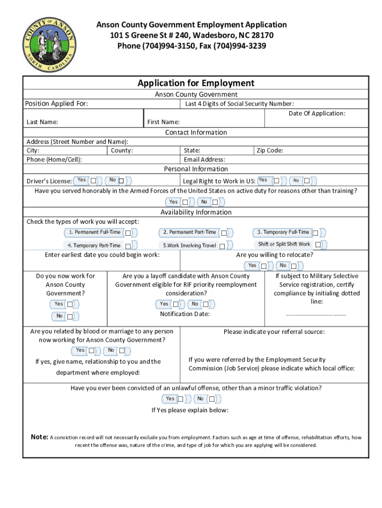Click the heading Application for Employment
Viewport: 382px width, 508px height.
(195, 83)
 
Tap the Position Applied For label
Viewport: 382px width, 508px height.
(57, 104)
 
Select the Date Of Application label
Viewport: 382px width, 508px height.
(317, 114)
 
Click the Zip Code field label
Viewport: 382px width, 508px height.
(269, 150)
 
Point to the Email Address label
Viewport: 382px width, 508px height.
(204, 160)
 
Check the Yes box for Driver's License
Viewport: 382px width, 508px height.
(93, 181)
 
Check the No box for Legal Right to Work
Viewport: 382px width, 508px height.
(307, 181)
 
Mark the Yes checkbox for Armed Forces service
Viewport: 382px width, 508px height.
(185, 202)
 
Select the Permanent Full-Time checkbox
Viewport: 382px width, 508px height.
(128, 233)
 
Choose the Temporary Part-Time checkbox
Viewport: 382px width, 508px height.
(128, 246)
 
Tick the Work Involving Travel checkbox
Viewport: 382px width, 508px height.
(222, 246)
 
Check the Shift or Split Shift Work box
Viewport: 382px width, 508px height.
(318, 245)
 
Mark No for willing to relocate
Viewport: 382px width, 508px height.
(295, 266)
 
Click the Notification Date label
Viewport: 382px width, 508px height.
(185, 314)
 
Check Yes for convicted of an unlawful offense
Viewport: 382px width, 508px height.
(181, 399)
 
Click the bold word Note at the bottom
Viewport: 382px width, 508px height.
(39, 438)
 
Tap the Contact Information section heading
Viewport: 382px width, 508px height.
(195, 132)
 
